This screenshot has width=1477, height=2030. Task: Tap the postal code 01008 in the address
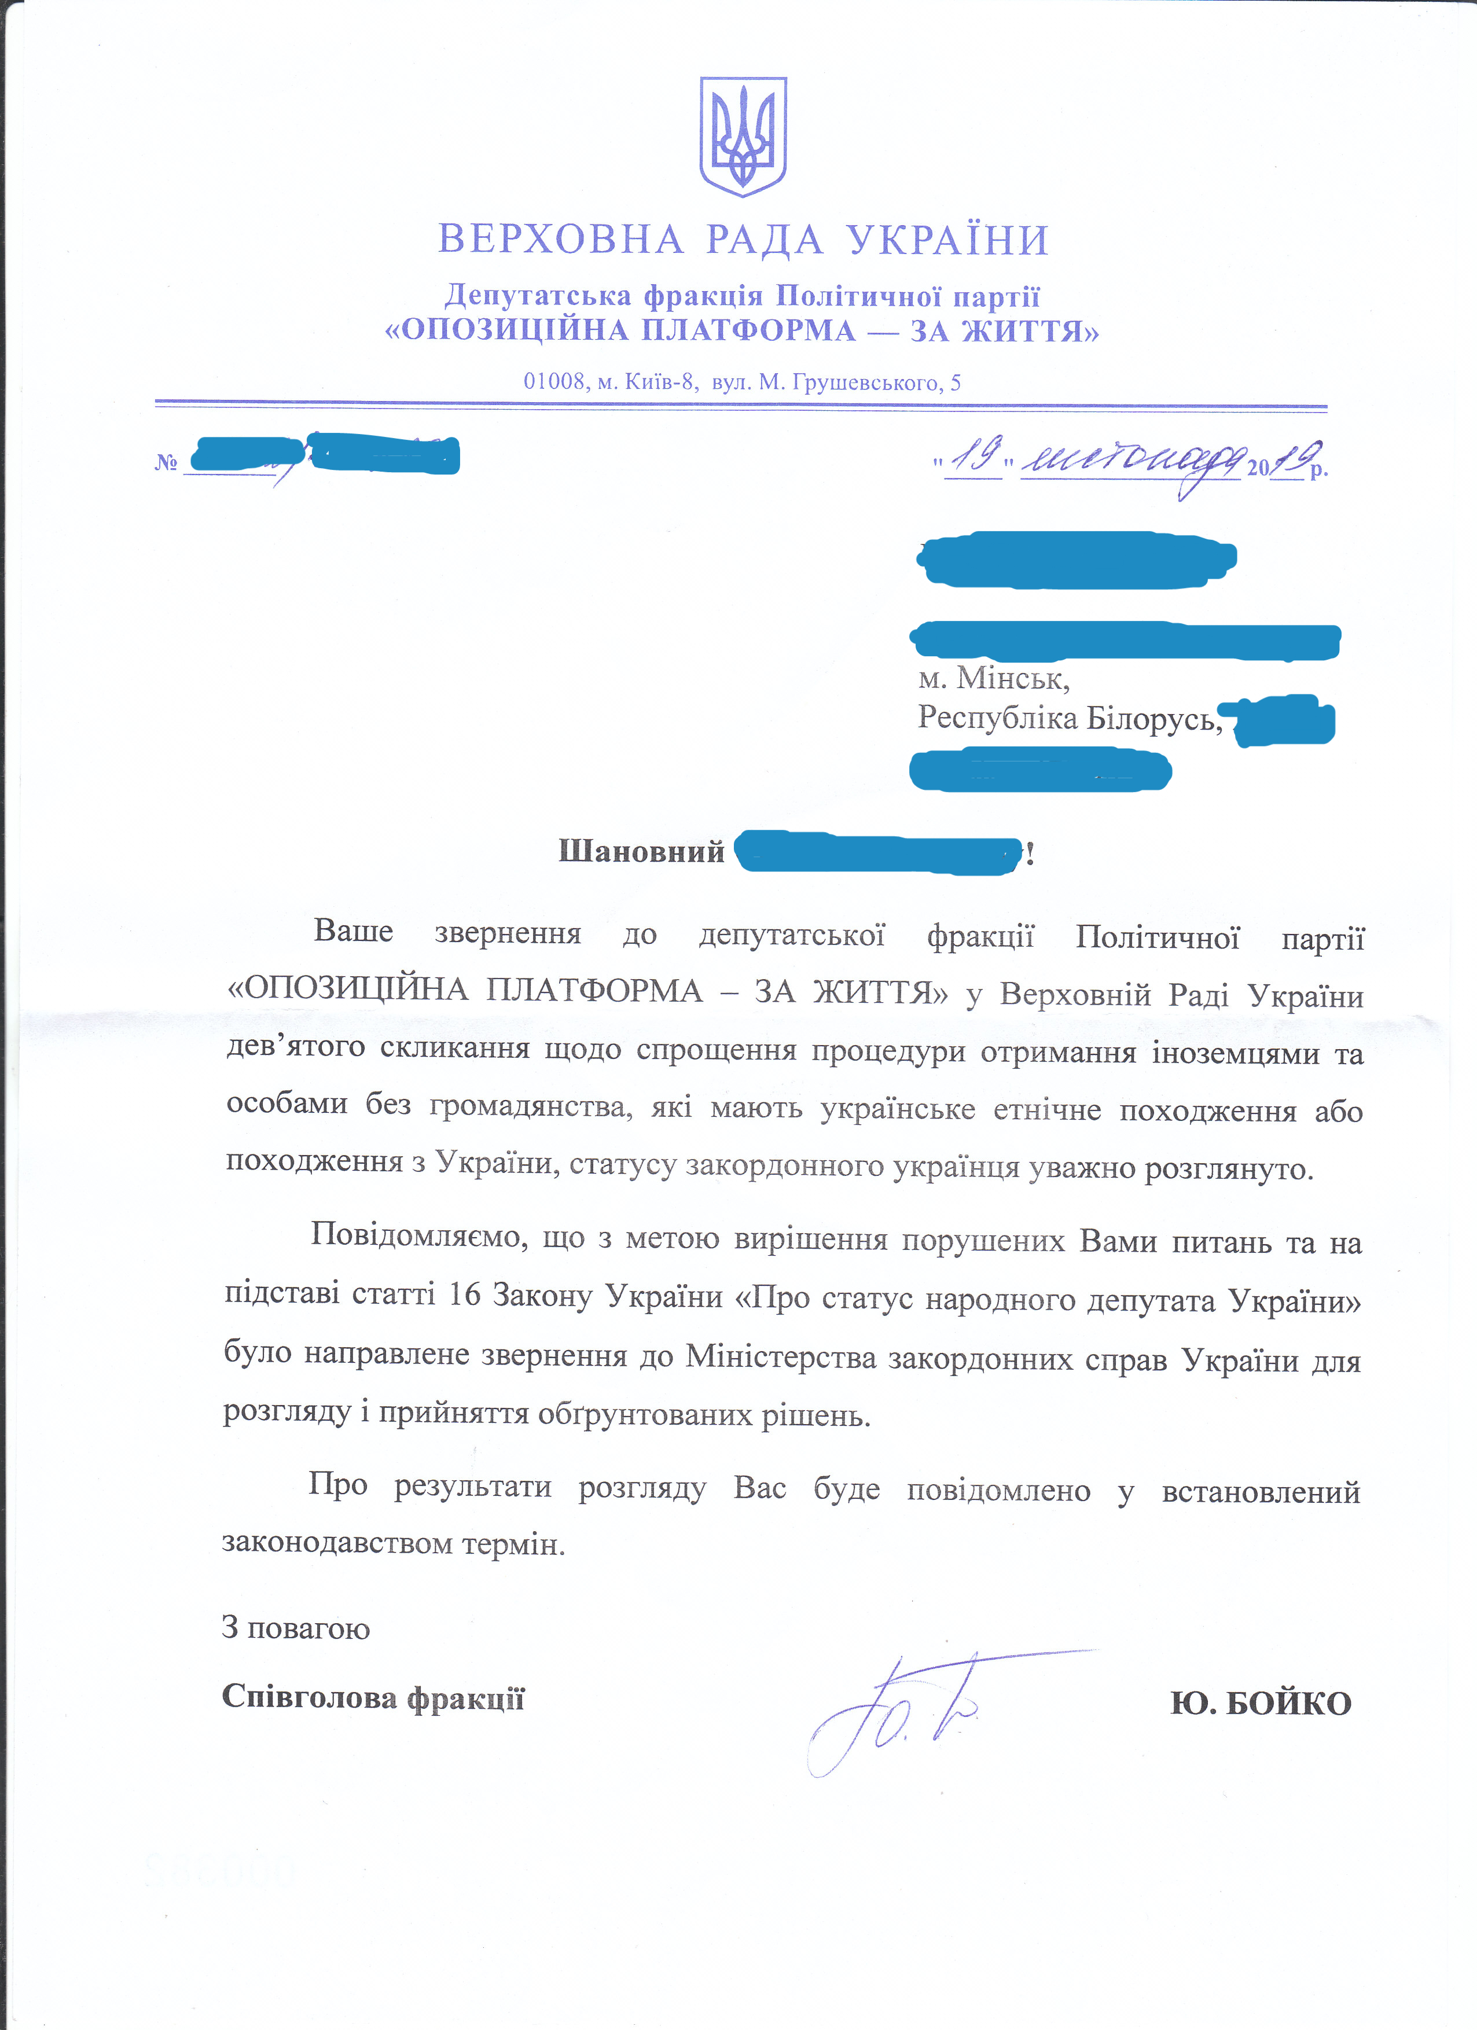pos(553,382)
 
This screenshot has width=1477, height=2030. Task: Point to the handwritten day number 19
pos(974,458)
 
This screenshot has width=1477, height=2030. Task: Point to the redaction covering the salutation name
pos(877,853)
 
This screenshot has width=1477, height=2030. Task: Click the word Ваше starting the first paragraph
pos(352,932)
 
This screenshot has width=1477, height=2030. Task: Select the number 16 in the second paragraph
pos(465,1295)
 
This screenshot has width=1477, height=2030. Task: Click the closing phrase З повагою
pos(295,1627)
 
